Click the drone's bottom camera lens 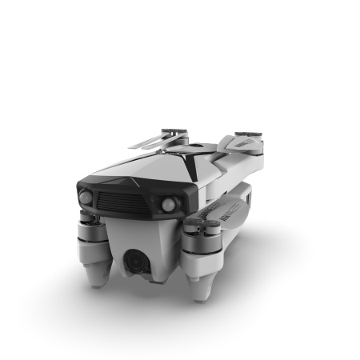pyautogui.click(x=136, y=260)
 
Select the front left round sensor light pyautogui.click(x=84, y=198)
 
